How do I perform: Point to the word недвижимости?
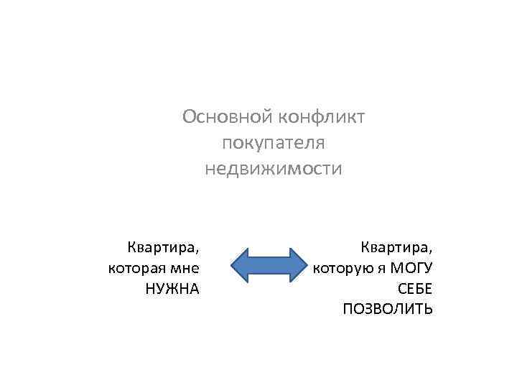pos(274,170)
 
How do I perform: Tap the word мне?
pos(185,269)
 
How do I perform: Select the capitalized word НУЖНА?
pos(172,289)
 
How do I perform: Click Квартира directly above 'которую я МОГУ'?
pos(396,248)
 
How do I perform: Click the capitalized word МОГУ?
pos(411,269)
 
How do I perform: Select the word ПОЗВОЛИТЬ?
pos(388,309)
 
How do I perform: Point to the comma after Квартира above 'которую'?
pos(431,252)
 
